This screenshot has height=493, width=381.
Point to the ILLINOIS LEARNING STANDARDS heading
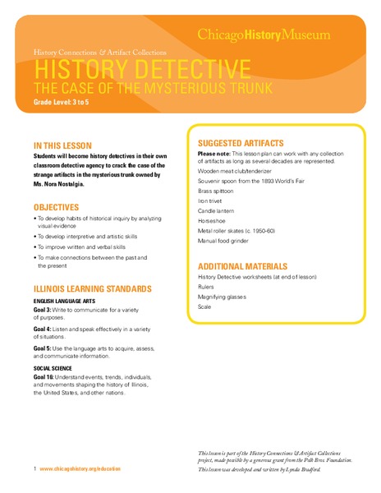(92, 289)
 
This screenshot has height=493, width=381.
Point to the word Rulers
(208, 286)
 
